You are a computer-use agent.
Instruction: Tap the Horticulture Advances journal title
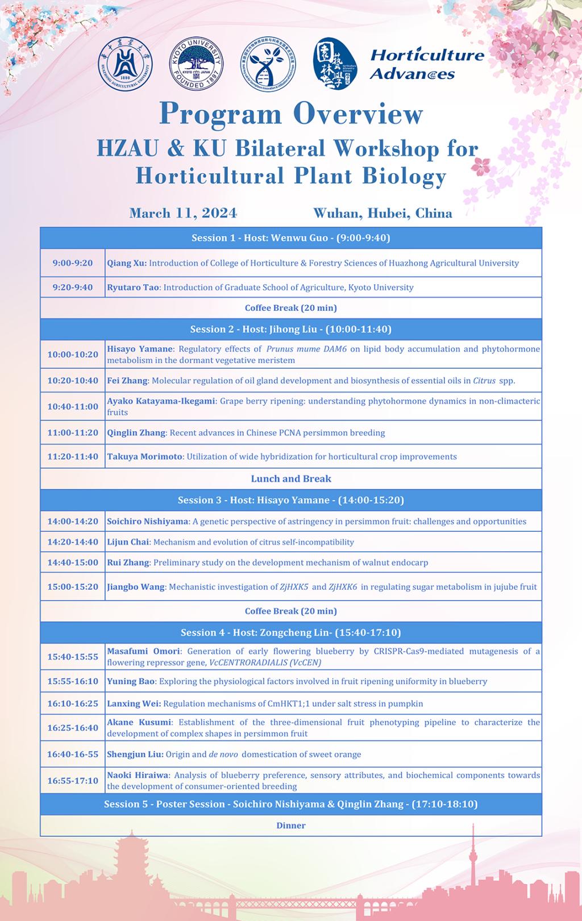click(426, 64)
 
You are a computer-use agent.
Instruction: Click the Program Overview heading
click(291, 114)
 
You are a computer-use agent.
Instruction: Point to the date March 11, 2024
click(183, 213)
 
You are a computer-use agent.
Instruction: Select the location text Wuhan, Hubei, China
click(383, 213)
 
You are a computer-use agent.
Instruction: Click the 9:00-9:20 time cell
click(73, 263)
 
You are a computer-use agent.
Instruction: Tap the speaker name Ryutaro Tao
click(133, 287)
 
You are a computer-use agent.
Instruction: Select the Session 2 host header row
click(291, 329)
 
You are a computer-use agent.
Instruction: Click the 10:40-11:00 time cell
click(73, 406)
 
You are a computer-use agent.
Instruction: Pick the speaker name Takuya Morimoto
click(145, 456)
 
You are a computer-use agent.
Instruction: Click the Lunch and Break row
click(291, 478)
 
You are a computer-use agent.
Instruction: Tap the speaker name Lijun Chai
click(128, 542)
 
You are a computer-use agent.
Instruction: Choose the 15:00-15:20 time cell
click(73, 586)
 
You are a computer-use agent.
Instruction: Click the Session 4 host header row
click(291, 632)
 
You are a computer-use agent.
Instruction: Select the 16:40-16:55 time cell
click(73, 754)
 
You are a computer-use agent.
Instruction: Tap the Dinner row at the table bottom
click(291, 826)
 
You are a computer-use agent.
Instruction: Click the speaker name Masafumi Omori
click(143, 651)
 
